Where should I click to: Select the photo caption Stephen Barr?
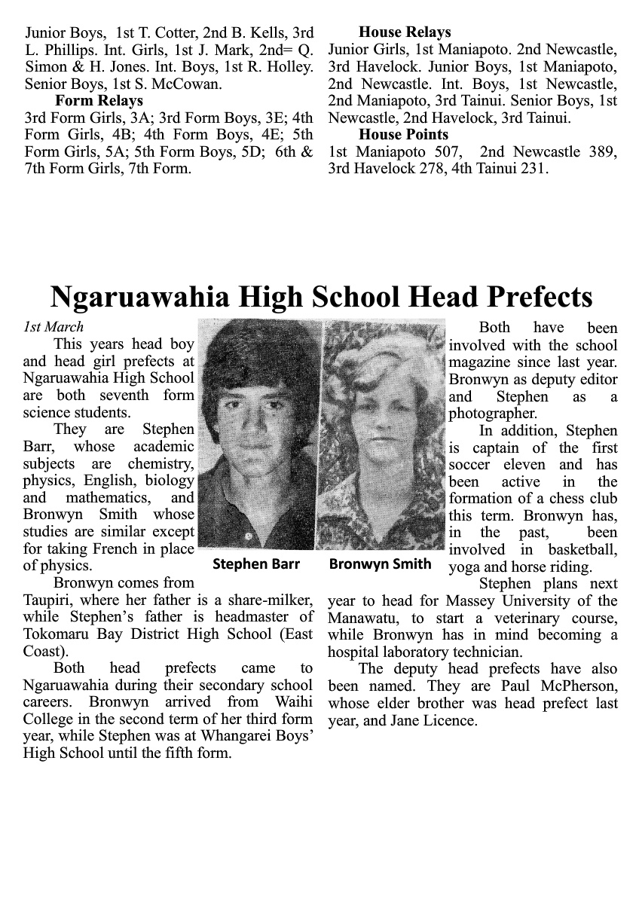(256, 563)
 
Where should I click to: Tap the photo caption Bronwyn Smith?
(381, 563)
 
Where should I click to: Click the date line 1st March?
(54, 327)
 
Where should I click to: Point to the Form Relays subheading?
(99, 101)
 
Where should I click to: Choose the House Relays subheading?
(405, 32)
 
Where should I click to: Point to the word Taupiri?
(49, 600)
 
